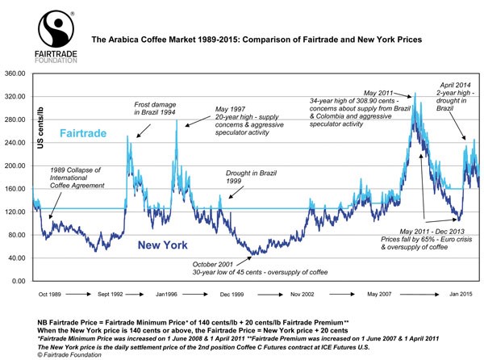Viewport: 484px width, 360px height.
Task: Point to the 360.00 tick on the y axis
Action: point(16,73)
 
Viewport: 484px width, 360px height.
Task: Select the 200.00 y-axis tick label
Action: point(16,166)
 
